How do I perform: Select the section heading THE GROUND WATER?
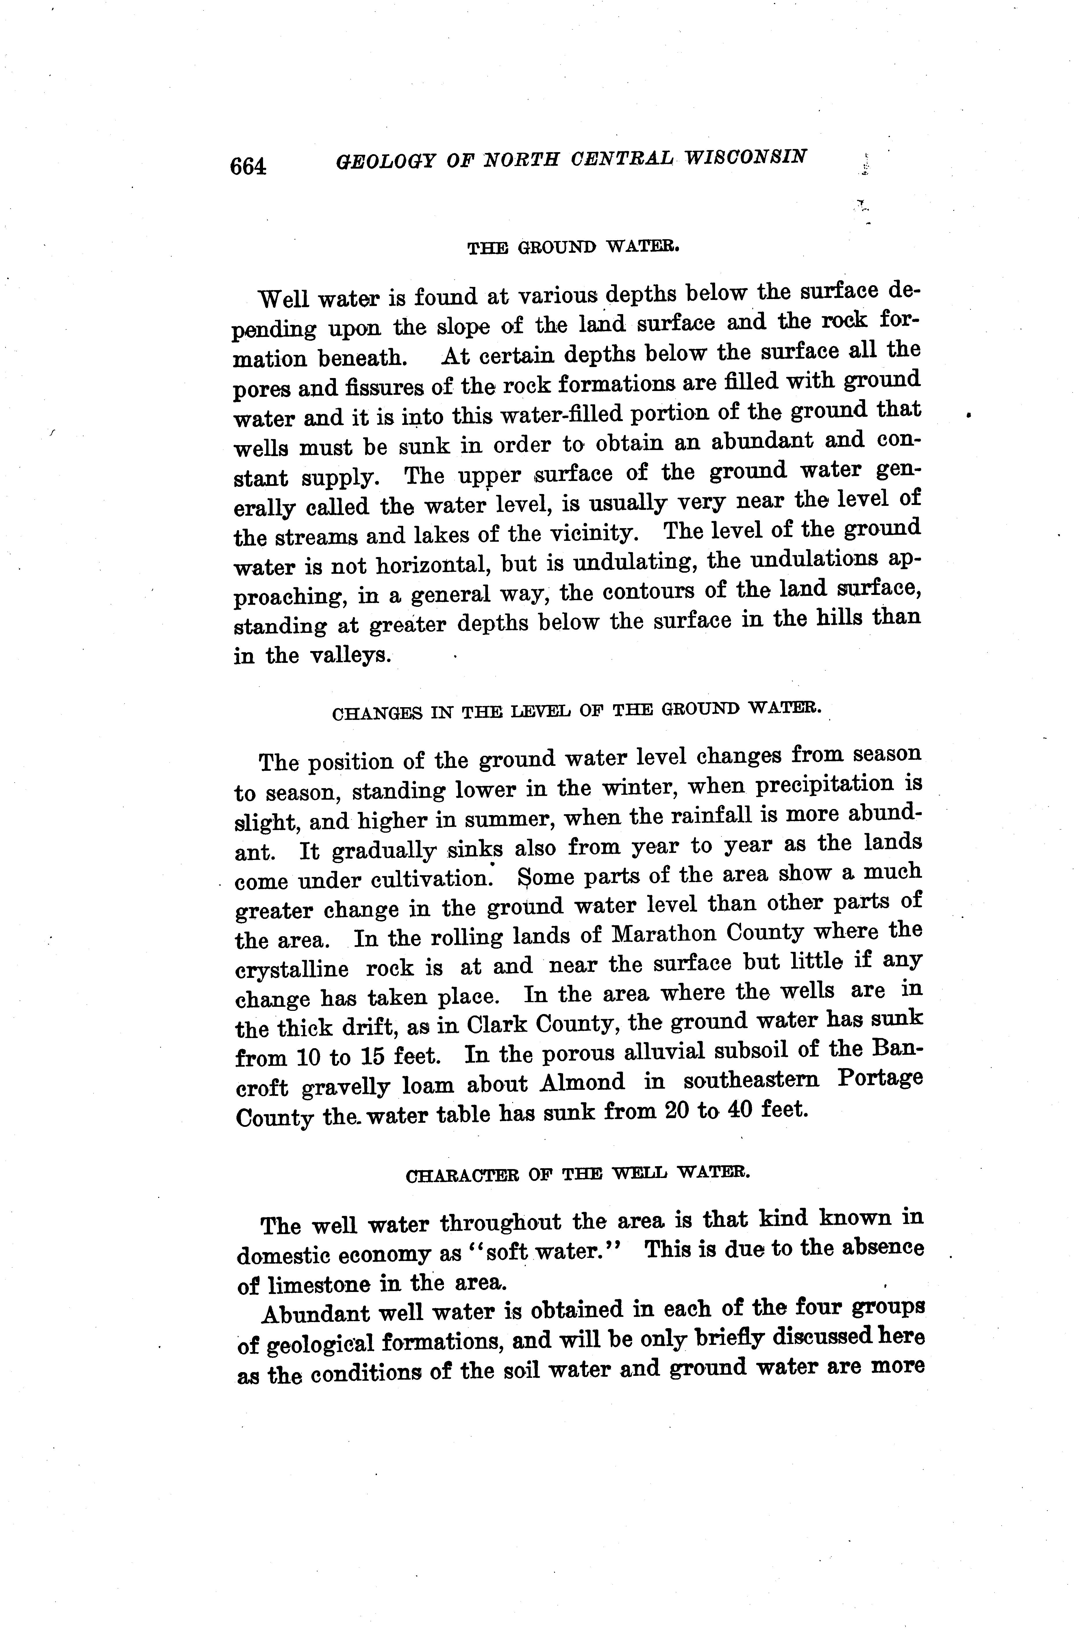coord(573,247)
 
